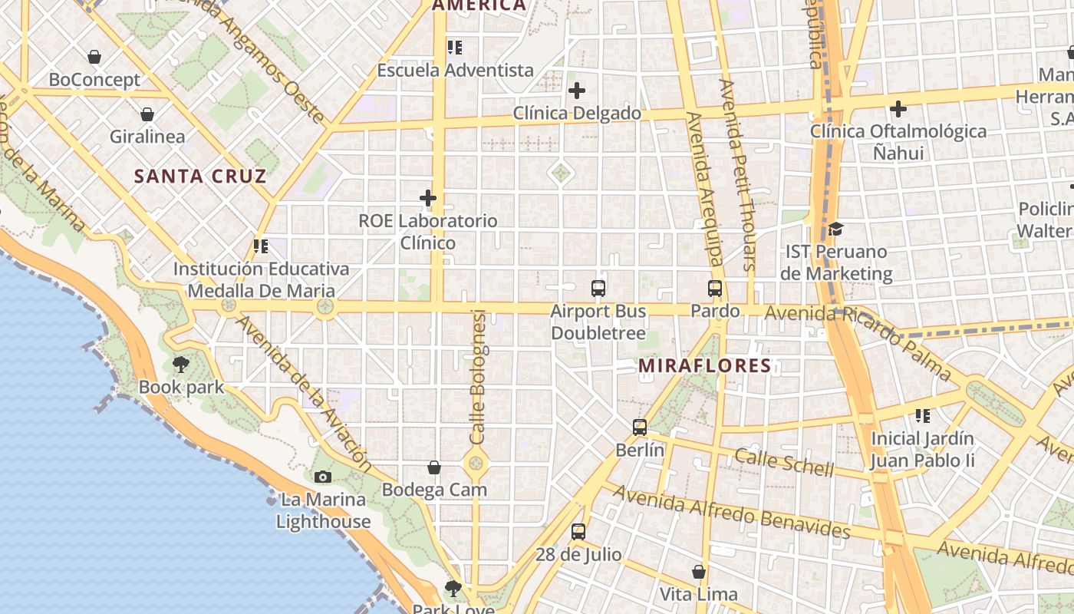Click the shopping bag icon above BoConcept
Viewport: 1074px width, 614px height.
coord(94,57)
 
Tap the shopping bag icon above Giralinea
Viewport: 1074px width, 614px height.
coord(147,114)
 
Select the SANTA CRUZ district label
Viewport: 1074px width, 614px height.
coord(200,177)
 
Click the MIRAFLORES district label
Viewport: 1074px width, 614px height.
coord(704,366)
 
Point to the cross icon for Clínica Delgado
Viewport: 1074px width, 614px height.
coord(577,91)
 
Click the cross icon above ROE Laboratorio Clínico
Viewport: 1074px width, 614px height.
coord(428,198)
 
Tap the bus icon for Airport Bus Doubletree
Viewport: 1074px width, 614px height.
coord(598,289)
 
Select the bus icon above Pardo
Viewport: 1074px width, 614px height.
coord(715,289)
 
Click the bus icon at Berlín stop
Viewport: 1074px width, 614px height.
coord(640,427)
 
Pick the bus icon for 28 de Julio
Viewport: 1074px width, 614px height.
coord(578,531)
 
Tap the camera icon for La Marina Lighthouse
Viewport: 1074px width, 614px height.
coord(323,477)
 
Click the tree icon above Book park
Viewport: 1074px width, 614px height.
coord(181,364)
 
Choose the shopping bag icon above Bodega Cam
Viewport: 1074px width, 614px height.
coord(434,467)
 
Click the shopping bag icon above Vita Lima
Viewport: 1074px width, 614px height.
coord(699,572)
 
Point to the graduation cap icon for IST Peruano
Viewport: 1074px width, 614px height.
coord(836,229)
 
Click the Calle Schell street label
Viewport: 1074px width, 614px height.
coord(784,462)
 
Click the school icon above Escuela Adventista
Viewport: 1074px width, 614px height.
coord(455,48)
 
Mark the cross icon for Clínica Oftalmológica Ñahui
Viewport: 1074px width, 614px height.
coord(898,109)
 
